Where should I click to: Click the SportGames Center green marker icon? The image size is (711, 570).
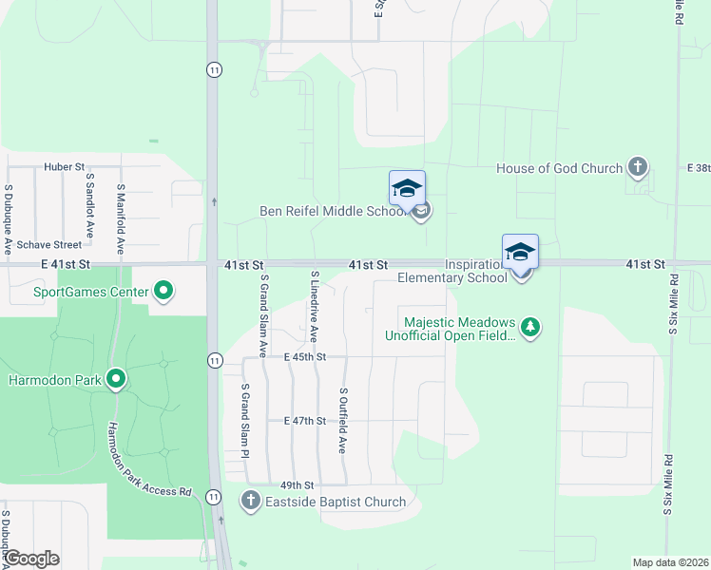pos(163,292)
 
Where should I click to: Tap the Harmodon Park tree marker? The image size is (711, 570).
pos(117,381)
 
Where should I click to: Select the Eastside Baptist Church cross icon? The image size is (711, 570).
pos(251,501)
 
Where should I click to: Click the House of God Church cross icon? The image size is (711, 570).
pos(637,168)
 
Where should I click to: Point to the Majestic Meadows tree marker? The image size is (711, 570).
pos(530,329)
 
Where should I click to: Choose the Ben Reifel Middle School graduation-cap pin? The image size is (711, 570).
pos(407,189)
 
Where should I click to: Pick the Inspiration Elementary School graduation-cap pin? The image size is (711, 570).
pos(520,253)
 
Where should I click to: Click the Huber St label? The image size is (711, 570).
pos(64,167)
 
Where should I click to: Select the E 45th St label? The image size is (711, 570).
pos(305,357)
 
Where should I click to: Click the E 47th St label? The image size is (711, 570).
pos(305,421)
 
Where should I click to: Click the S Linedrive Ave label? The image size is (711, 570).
pos(314,306)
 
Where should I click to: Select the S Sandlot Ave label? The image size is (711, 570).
pos(88,203)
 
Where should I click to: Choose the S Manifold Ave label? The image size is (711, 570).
pos(121,218)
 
